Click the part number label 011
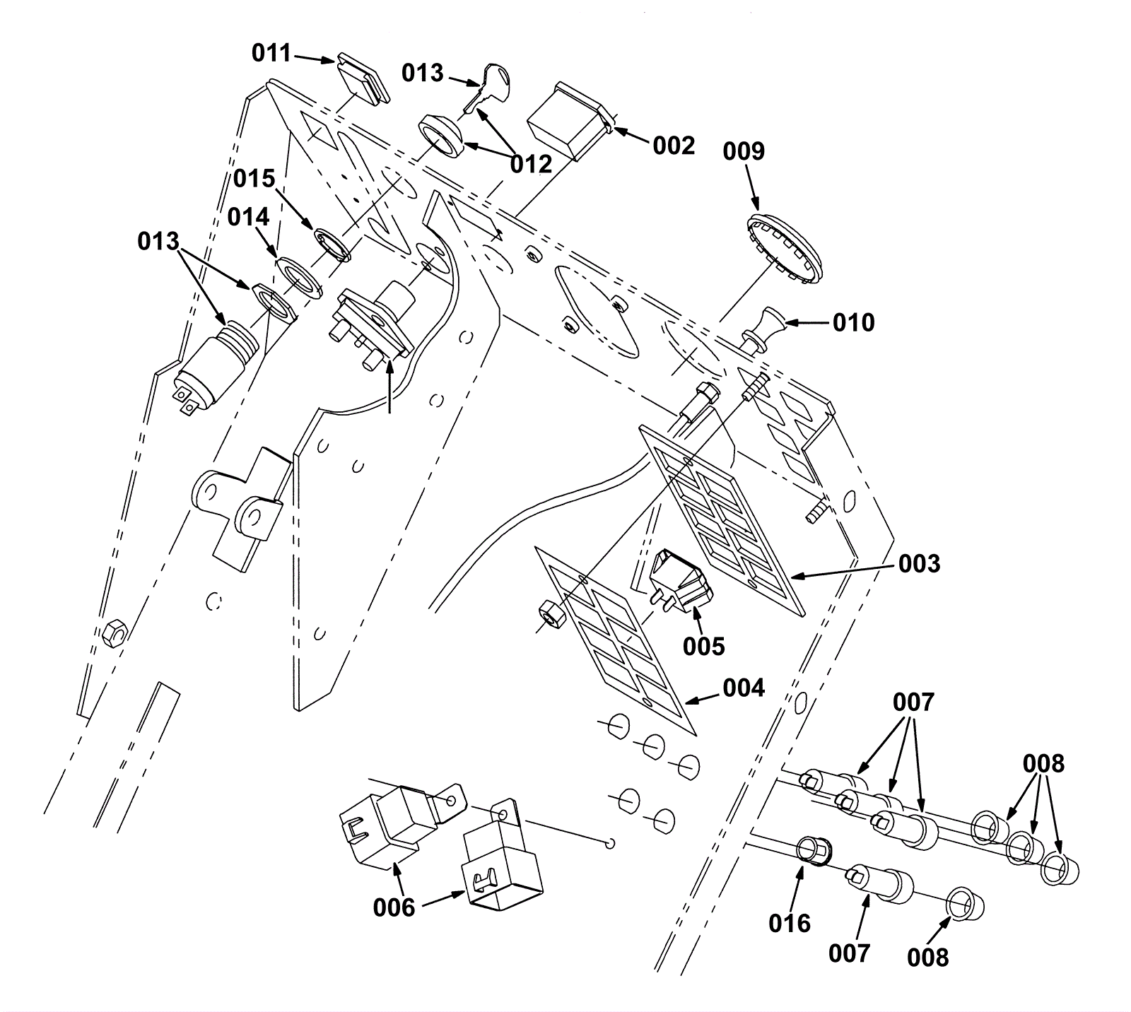271,53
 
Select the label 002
674,146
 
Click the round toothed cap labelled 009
784,248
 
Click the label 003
919,563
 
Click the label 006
394,907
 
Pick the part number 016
790,923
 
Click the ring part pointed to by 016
814,851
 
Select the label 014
248,218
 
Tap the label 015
254,179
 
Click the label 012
531,164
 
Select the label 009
744,151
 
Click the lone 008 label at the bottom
927,958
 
